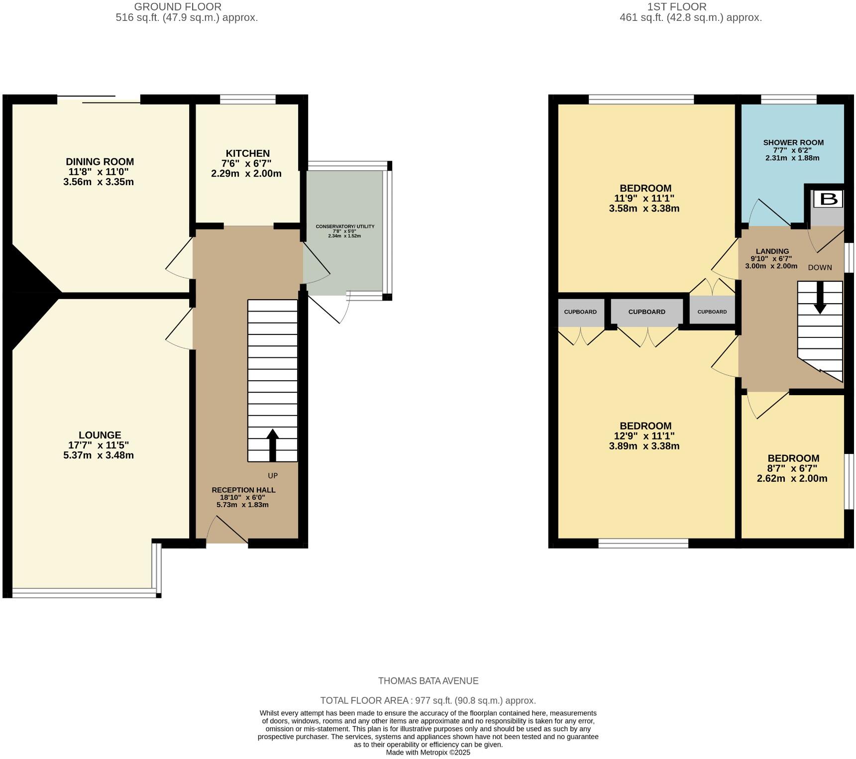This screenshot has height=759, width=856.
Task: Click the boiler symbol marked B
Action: (829, 199)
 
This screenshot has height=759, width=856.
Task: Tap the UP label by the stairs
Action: (273, 476)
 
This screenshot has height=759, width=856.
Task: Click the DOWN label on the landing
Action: (820, 267)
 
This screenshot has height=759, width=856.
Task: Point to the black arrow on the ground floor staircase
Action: (272, 445)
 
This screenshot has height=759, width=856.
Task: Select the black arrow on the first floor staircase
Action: (820, 298)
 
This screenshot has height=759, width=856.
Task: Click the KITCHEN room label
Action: (248, 153)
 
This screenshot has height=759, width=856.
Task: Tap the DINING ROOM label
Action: (100, 162)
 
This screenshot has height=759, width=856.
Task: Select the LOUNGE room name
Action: (100, 435)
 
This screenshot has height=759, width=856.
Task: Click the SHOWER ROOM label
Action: (793, 142)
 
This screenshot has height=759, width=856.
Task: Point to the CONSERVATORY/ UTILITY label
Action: (345, 226)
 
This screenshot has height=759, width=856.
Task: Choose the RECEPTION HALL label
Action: (243, 490)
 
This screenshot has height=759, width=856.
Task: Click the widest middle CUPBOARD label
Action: (647, 312)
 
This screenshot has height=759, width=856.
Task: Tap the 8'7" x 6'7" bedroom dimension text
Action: (792, 468)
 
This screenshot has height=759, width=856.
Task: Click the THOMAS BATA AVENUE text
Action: (428, 681)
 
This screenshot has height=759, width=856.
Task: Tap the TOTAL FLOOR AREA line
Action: (428, 701)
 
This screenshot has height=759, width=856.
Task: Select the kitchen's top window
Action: (248, 100)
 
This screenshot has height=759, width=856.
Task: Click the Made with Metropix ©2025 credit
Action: (428, 753)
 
